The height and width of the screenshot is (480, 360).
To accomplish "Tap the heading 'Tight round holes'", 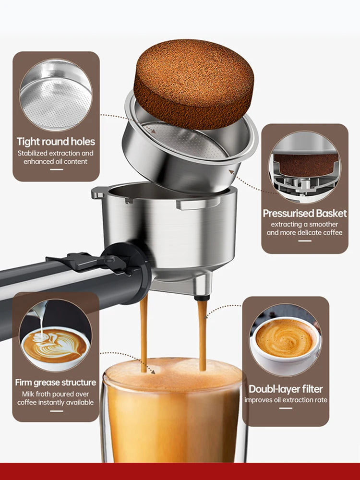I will pyautogui.click(x=56, y=142).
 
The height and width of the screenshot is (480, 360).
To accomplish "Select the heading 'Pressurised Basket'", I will pyautogui.click(x=304, y=213).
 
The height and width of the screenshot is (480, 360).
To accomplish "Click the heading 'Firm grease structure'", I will pyautogui.click(x=56, y=383).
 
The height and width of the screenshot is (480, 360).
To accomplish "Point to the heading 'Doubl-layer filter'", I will pyautogui.click(x=286, y=389).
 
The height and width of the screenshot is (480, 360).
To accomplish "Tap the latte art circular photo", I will pyautogui.click(x=55, y=336).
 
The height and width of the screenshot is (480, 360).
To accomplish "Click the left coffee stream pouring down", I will pyautogui.click(x=144, y=331).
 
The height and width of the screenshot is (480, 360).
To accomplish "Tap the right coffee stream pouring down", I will pyautogui.click(x=202, y=334).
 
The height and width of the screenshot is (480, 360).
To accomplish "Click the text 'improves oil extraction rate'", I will pyautogui.click(x=286, y=400).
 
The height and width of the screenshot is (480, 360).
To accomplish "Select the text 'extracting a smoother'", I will pyautogui.click(x=304, y=224).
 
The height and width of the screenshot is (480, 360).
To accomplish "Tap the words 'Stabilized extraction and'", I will pyautogui.click(x=56, y=153).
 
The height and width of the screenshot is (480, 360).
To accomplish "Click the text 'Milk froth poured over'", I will pyautogui.click(x=56, y=394).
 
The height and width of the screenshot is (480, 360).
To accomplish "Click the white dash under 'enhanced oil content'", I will pyautogui.click(x=56, y=170).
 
